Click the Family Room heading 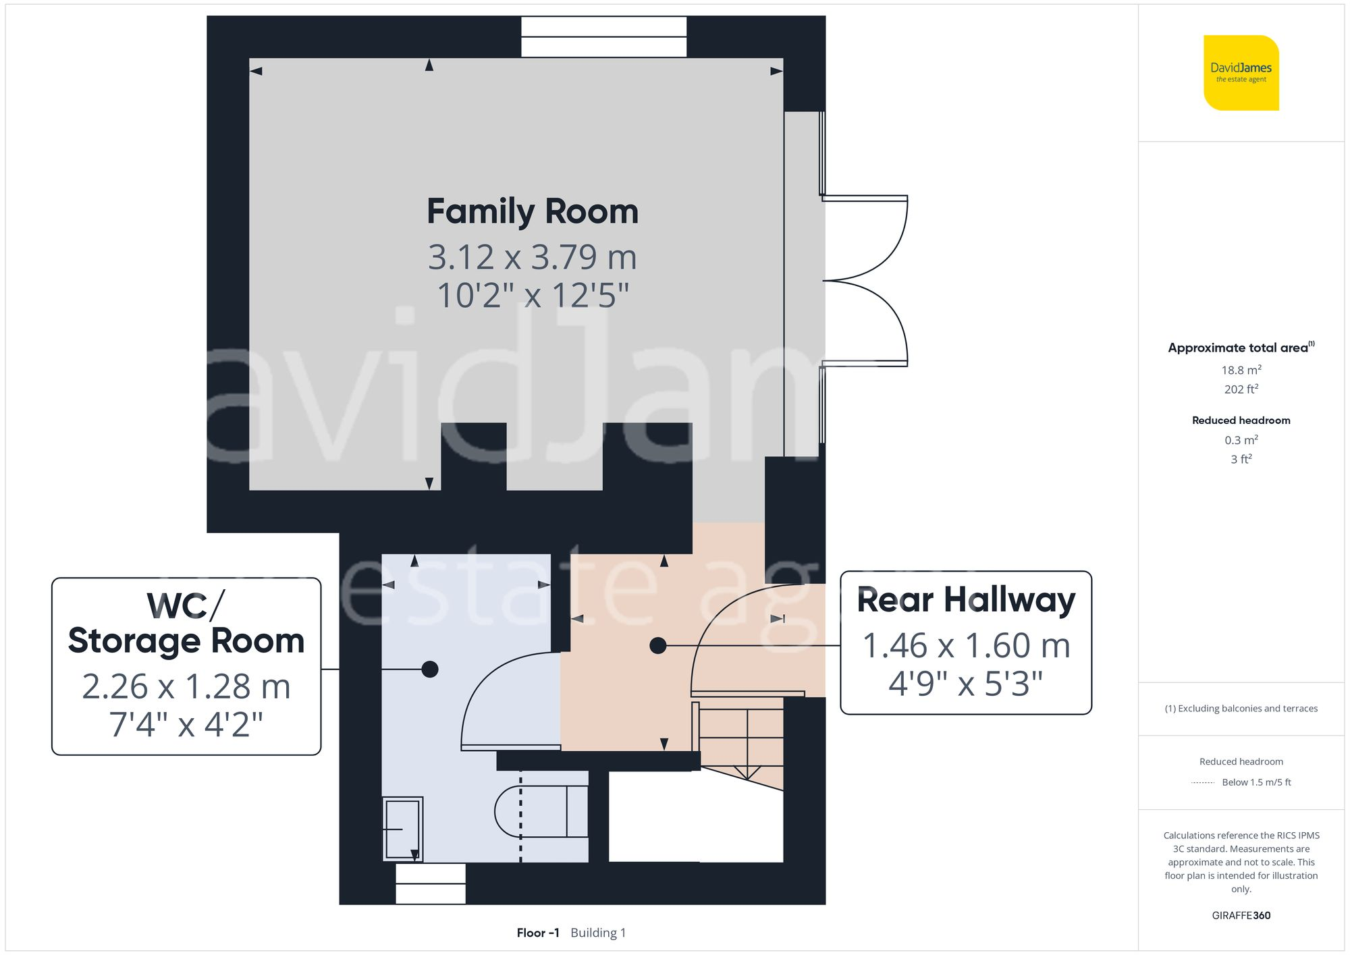click(533, 212)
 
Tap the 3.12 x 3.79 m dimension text click(533, 257)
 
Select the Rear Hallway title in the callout click(965, 600)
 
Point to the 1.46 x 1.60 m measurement click(966, 646)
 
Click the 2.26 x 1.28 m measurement click(186, 687)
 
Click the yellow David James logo click(1241, 73)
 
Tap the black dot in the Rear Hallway click(657, 646)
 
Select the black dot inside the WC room click(430, 670)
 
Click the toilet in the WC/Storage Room click(540, 811)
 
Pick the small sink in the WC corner click(402, 829)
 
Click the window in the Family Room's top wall click(603, 37)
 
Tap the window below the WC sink click(430, 883)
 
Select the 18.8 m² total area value click(1241, 370)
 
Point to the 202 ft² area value click(1241, 389)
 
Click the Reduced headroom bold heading click(1241, 420)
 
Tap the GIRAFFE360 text click(1241, 916)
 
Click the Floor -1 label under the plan click(538, 933)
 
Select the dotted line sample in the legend click(1203, 783)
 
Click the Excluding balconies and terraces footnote click(1241, 709)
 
